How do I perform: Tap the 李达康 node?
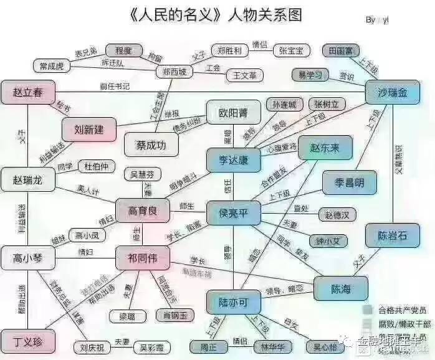tap(231, 160)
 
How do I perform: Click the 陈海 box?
tap(341, 290)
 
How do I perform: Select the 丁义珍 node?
tap(27, 341)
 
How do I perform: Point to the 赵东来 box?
tap(325, 148)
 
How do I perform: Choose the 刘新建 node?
tap(89, 130)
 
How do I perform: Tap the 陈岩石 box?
tap(393, 236)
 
